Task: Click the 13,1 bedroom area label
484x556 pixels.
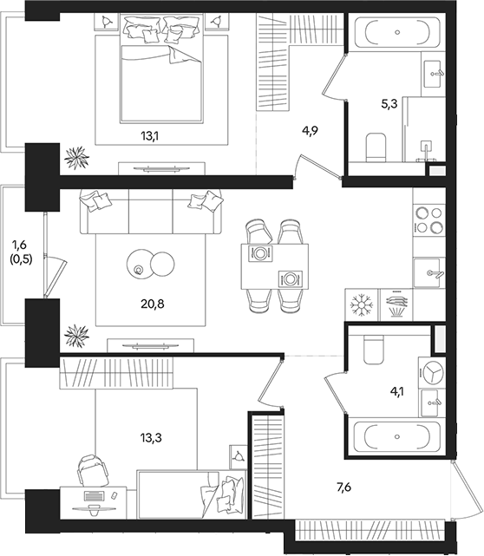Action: pyautogui.click(x=153, y=134)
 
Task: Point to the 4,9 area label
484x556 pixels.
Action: pyautogui.click(x=311, y=132)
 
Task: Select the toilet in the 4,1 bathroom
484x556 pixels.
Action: pyautogui.click(x=374, y=350)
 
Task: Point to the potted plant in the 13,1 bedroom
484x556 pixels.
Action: pyautogui.click(x=77, y=157)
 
